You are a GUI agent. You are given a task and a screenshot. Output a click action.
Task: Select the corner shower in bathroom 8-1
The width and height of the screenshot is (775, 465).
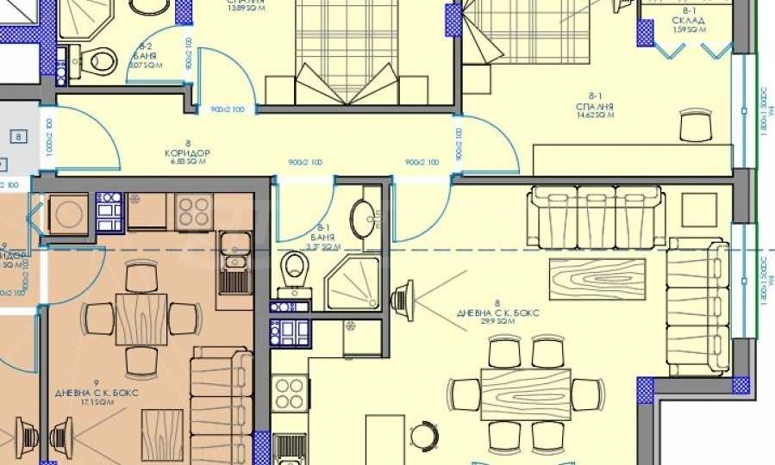click(x=352, y=282)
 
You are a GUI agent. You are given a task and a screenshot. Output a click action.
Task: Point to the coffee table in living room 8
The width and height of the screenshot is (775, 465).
click(x=597, y=280)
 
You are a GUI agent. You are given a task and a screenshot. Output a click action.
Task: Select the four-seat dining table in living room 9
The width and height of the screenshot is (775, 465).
click(x=141, y=318)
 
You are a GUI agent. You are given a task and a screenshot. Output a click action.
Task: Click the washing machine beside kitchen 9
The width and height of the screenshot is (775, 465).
click(x=66, y=211)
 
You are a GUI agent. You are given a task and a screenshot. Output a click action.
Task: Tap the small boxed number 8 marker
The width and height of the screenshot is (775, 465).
click(x=18, y=136)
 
